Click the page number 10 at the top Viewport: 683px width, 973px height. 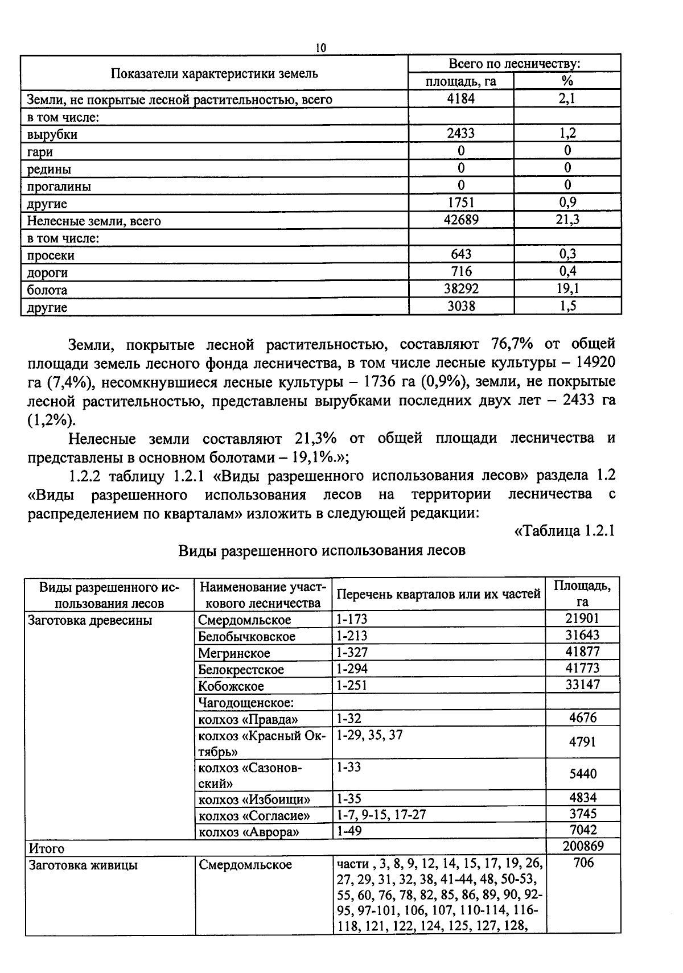click(320, 48)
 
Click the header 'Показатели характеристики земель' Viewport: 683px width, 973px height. click(214, 73)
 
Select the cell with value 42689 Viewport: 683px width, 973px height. click(460, 220)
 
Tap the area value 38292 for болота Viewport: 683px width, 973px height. click(460, 289)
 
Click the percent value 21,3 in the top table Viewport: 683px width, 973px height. click(567, 220)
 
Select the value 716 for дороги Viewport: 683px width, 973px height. click(460, 271)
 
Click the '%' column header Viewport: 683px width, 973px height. click(567, 81)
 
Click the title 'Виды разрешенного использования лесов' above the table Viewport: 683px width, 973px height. click(322, 551)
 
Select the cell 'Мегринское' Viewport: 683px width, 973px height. click(234, 653)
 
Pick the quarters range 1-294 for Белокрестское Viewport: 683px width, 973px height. click(351, 669)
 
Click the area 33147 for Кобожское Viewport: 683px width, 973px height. click(582, 685)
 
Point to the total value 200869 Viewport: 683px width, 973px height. click(582, 846)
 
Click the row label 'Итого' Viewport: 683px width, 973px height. click(47, 848)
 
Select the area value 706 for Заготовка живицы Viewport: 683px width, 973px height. click(583, 863)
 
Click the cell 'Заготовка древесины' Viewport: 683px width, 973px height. click(90, 620)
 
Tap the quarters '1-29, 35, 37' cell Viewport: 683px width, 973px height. click(369, 735)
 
